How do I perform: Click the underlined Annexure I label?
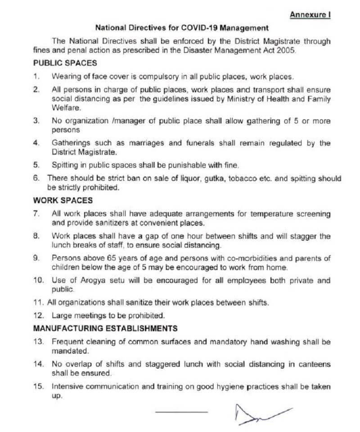pyautogui.click(x=310, y=15)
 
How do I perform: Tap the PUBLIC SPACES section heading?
pyautogui.click(x=65, y=63)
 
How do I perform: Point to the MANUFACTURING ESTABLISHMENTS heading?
pyautogui.click(x=105, y=328)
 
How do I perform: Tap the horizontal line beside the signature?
pyautogui.click(x=181, y=412)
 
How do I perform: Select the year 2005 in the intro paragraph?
pyautogui.click(x=287, y=51)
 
